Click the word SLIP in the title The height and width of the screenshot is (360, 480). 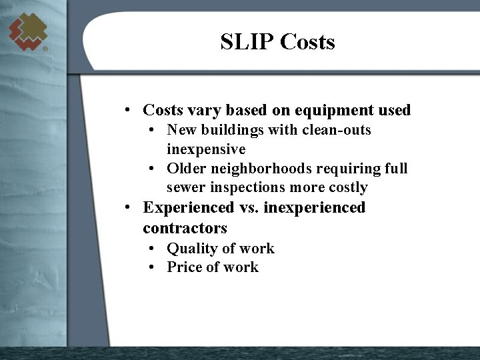point(247,42)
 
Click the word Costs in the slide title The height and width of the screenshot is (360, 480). point(307,42)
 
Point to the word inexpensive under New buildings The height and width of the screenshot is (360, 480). point(206,149)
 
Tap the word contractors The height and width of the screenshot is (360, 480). point(185,228)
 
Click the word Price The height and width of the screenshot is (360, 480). point(184,267)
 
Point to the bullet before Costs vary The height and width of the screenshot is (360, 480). point(126,110)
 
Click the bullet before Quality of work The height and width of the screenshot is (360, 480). point(153,249)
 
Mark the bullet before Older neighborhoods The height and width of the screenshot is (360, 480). point(153,169)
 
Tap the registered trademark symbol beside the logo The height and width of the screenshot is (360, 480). point(45,49)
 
